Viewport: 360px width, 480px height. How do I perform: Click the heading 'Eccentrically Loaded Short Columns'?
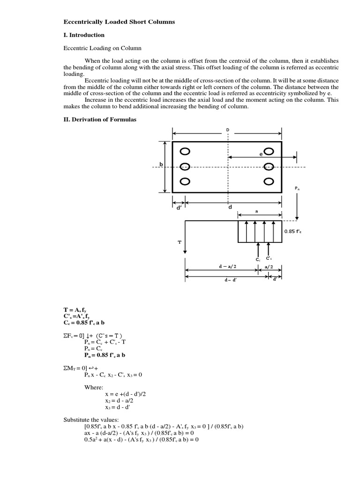[119, 22]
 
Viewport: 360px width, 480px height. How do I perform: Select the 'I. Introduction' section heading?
[84, 35]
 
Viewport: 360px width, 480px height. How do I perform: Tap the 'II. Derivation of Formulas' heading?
[100, 120]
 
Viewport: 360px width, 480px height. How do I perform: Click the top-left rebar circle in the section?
[185, 151]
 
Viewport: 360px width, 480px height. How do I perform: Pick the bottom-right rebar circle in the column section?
[269, 181]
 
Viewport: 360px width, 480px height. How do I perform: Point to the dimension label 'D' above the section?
[228, 129]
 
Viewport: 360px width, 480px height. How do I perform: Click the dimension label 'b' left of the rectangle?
[161, 164]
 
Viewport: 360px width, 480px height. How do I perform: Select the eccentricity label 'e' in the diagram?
[261, 154]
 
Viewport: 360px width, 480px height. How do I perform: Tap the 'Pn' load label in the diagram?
[297, 188]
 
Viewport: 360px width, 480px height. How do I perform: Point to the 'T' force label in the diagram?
[179, 243]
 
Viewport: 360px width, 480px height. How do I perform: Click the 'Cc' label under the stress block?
[258, 259]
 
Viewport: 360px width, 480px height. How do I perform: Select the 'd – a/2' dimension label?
[227, 266]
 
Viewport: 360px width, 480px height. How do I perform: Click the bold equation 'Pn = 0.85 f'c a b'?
[105, 354]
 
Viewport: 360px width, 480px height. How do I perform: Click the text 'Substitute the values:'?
[91, 420]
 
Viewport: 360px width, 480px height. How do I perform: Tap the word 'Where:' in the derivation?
[94, 387]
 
